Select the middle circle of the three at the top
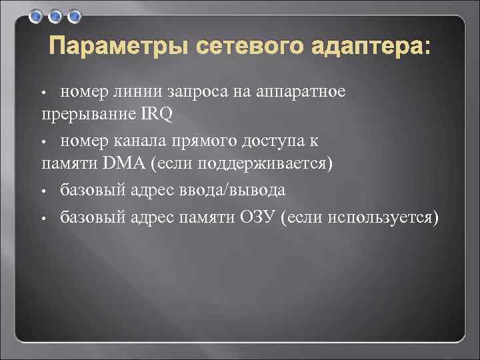point(55,15)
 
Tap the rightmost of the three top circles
point(75,15)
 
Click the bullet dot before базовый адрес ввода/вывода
point(43,191)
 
